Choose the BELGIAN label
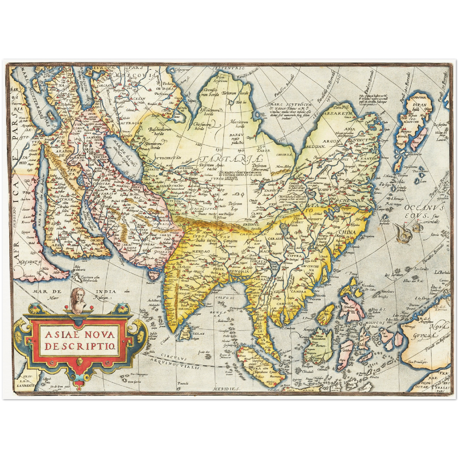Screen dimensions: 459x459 click(315, 146)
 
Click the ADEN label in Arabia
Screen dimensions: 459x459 click(58, 245)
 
